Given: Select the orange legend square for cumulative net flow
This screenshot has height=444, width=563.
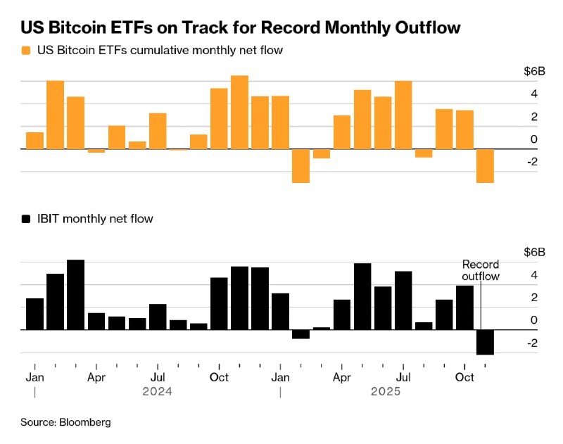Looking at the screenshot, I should (x=26, y=51).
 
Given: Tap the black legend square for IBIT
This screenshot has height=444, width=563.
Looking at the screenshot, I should (x=26, y=219).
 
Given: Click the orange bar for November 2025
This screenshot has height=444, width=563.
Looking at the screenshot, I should (x=485, y=166).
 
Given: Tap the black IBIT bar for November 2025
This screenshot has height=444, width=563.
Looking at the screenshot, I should (x=485, y=342).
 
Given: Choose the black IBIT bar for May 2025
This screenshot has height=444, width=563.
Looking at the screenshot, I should (x=362, y=296).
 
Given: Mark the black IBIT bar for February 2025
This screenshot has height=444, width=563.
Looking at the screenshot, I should (x=301, y=334).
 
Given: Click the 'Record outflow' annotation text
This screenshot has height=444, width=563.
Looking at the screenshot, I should (x=481, y=270).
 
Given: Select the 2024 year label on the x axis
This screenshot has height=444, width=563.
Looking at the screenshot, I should (x=157, y=391).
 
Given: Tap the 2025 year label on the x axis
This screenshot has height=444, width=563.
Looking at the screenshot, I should (x=386, y=391).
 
